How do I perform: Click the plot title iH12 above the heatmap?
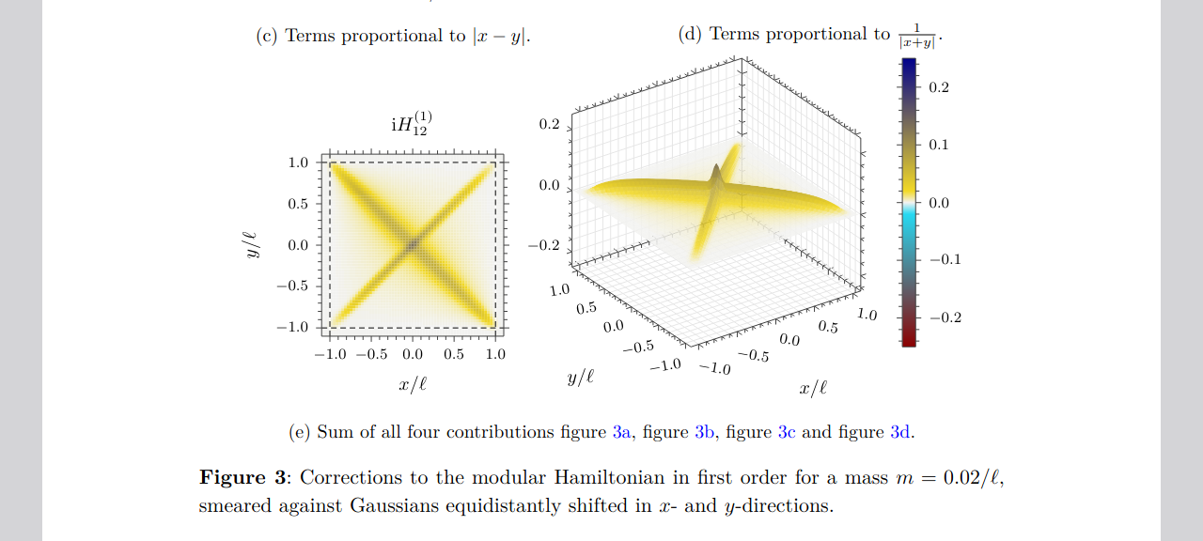pyautogui.click(x=412, y=125)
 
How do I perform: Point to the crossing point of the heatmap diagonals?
pyautogui.click(x=413, y=245)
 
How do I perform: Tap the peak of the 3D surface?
pyautogui.click(x=716, y=169)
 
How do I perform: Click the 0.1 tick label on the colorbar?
pyautogui.click(x=939, y=145)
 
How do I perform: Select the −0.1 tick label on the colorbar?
pyautogui.click(x=945, y=259)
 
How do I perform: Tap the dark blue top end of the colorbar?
pyautogui.click(x=909, y=65)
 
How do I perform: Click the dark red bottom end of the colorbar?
pyautogui.click(x=909, y=339)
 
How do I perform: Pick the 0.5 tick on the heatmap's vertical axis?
pyautogui.click(x=298, y=204)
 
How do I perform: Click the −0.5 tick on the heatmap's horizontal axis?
pyautogui.click(x=371, y=354)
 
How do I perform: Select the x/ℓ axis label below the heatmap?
pyautogui.click(x=413, y=383)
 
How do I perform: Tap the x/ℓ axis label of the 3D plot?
pyautogui.click(x=813, y=388)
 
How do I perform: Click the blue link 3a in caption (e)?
pyautogui.click(x=621, y=432)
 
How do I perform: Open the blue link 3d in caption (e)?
pyautogui.click(x=900, y=432)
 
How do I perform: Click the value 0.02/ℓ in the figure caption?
pyautogui.click(x=969, y=477)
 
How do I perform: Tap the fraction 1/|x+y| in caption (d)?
pyautogui.click(x=915, y=36)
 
